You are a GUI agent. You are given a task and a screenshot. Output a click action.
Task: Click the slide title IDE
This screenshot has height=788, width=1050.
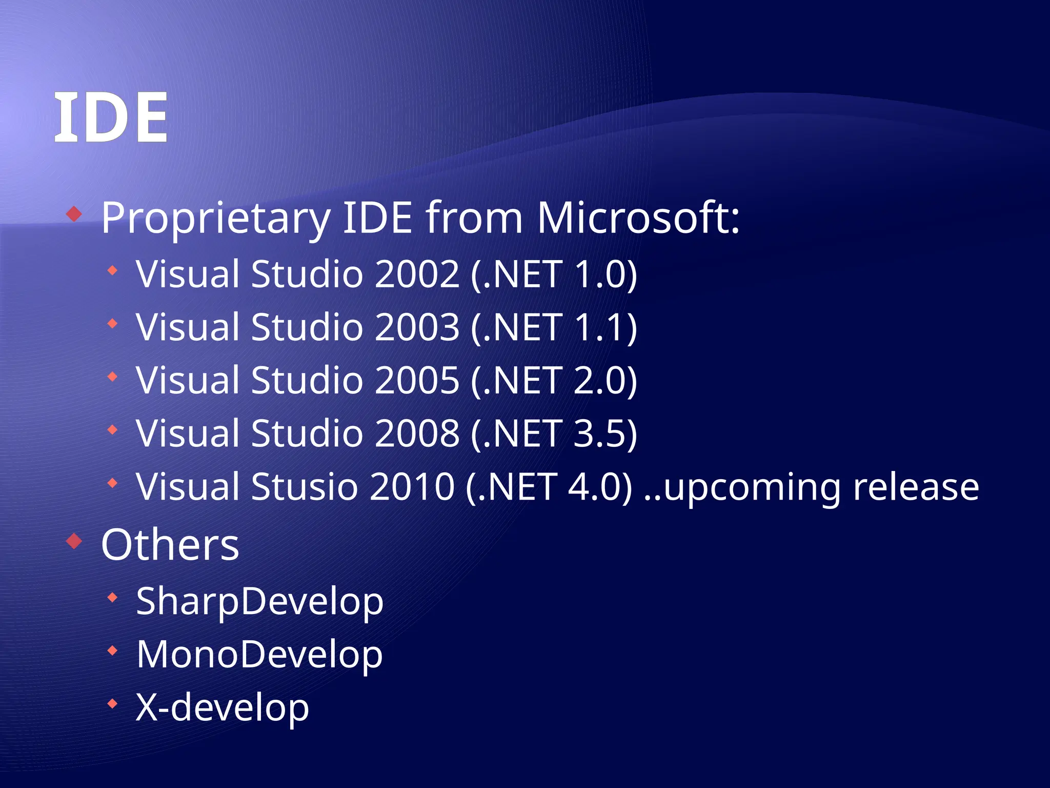pos(111,118)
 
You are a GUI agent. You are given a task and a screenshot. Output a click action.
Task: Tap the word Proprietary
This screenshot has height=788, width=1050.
pos(215,219)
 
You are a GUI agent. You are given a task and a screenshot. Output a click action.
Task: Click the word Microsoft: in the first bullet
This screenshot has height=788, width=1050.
pos(638,218)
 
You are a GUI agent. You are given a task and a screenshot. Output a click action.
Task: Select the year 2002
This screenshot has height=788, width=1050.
pos(416,274)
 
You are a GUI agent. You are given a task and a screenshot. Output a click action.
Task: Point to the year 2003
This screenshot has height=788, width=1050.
pos(416,327)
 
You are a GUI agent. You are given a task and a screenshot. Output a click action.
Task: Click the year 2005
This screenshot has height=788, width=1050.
pos(416,380)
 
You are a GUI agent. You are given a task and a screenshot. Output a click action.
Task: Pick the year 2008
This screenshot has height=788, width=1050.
pos(416,434)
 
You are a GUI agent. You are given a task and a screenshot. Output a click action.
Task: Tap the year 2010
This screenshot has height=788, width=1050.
pos(412,486)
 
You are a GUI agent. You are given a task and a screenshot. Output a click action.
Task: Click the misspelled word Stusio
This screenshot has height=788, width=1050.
pos(304,486)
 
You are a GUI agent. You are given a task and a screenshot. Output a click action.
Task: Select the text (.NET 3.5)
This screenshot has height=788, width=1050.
pos(554,434)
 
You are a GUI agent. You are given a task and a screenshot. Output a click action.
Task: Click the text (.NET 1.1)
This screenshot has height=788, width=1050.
pos(554,327)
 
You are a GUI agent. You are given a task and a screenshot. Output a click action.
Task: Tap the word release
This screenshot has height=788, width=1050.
pos(916,486)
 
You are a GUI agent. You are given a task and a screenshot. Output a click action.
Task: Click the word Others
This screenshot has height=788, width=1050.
pos(170,545)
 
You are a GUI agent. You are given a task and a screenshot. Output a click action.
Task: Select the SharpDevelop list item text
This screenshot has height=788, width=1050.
pos(259,601)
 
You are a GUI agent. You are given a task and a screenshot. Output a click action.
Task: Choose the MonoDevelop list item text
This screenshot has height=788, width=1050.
pos(259,655)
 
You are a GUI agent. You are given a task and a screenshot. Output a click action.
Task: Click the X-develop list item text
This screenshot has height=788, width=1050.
pos(222,707)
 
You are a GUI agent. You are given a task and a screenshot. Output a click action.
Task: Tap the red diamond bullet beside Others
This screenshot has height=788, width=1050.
pos(74,541)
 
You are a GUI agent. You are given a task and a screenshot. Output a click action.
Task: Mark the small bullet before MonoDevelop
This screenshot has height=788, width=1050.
pos(112,651)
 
